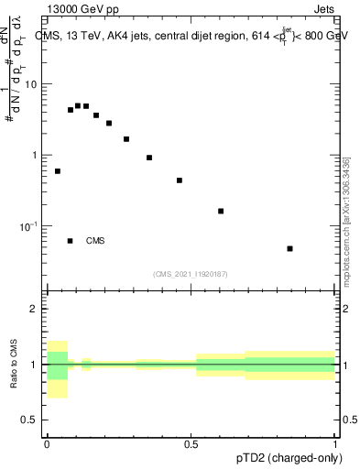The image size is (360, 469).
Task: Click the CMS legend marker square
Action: [x=70, y=241]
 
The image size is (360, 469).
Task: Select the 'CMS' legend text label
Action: [x=95, y=241]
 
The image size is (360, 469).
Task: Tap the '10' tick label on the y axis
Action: [x=32, y=84]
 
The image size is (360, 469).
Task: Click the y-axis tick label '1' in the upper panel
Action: [x=36, y=155]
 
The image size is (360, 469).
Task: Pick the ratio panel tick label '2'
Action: [x=36, y=310]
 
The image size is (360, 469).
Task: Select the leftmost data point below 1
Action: [x=58, y=171]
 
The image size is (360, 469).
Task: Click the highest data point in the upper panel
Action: [x=78, y=105]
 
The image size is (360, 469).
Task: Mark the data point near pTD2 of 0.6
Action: [x=221, y=211]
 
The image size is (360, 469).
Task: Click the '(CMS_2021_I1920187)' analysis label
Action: [x=190, y=273]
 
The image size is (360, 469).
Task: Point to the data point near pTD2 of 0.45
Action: [x=180, y=180]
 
